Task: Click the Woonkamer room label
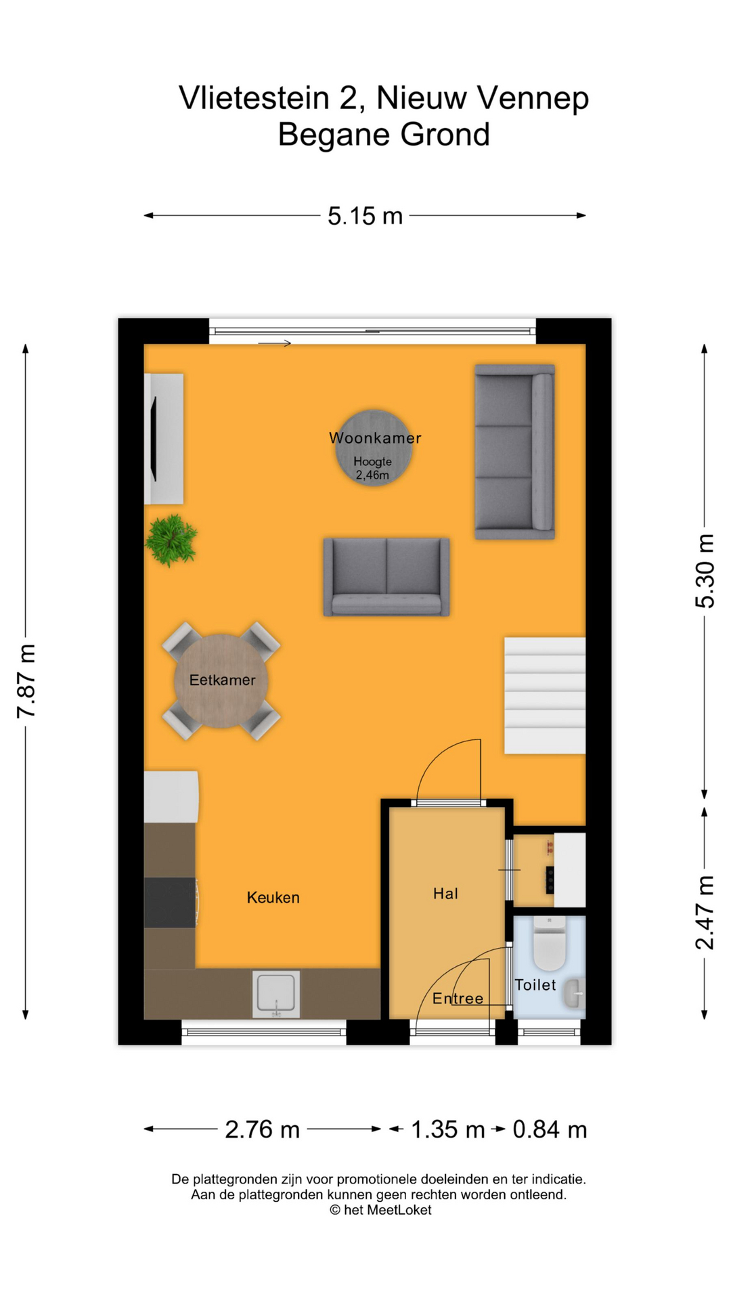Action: tap(375, 438)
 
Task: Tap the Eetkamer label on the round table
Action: tap(222, 680)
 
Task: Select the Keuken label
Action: tap(273, 898)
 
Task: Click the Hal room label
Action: tap(445, 894)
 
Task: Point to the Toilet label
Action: tap(535, 985)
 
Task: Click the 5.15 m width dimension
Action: tap(365, 216)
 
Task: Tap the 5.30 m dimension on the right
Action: tap(705, 571)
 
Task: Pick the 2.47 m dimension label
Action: tap(705, 912)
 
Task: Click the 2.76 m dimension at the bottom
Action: tap(262, 1129)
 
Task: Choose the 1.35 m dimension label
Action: tap(447, 1129)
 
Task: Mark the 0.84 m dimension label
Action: tap(550, 1129)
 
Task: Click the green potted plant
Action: tap(171, 540)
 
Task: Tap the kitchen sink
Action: tap(276, 994)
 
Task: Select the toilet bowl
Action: tap(549, 943)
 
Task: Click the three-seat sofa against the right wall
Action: tap(514, 452)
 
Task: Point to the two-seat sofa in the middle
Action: tap(386, 577)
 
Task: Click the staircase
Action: tap(544, 695)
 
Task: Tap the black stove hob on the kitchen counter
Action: tap(169, 903)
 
